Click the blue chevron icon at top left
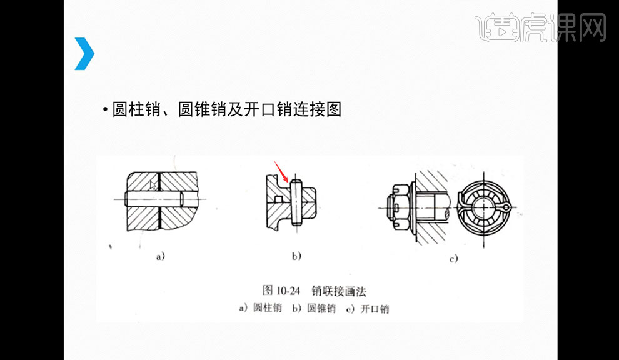[84, 54]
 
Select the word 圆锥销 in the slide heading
[201, 110]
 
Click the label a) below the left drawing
[160, 256]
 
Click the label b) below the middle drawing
[296, 256]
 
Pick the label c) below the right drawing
[453, 258]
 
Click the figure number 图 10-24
[282, 291]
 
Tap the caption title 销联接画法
[343, 291]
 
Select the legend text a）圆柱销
[260, 308]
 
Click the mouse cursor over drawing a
[153, 185]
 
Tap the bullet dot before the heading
[106, 111]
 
